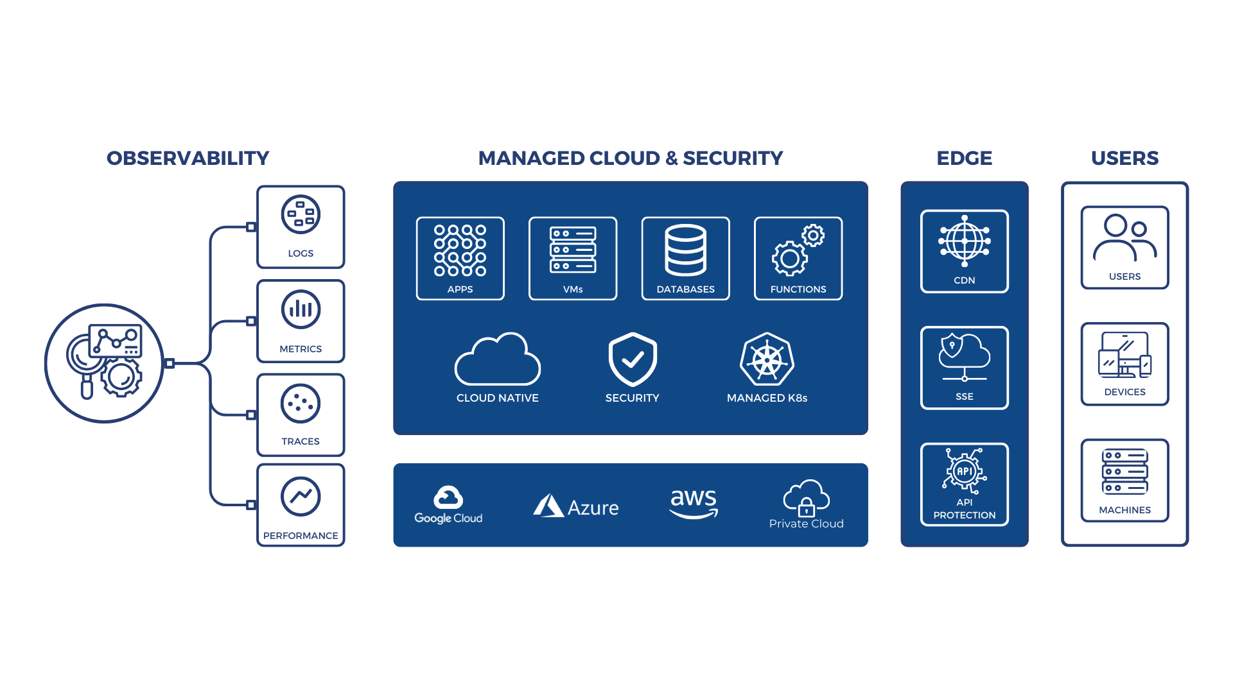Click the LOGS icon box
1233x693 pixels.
pos(301,227)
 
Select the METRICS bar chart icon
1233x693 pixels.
pos(301,309)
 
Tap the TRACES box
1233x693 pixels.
pos(301,415)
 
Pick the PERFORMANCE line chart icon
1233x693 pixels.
pos(301,496)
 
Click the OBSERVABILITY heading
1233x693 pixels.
pos(188,158)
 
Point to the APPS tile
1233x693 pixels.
pos(460,258)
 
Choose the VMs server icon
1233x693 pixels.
pos(573,250)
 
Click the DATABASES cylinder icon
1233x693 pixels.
pos(685,250)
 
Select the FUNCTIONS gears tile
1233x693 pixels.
pos(798,258)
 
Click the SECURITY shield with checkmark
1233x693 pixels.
pos(633,359)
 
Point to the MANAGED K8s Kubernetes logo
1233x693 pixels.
pos(767,359)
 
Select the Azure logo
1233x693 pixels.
pos(576,506)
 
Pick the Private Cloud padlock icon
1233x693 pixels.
pos(807,508)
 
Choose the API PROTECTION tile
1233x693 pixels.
pos(964,484)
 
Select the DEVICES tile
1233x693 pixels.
pos(1124,364)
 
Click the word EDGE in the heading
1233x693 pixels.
pos(964,158)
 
